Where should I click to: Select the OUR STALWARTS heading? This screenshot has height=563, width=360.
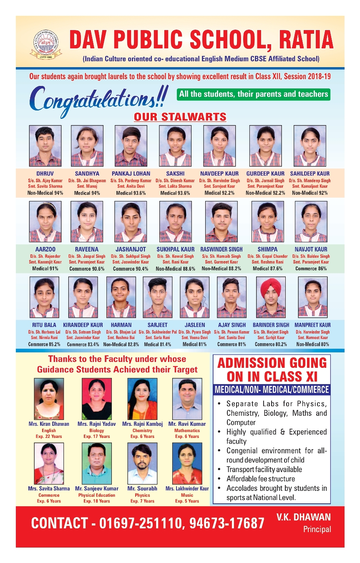[180, 116]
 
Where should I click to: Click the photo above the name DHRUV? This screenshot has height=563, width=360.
[45, 146]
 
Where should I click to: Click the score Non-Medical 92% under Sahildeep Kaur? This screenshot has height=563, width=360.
[310, 193]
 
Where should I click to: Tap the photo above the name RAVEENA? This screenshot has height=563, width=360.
[87, 221]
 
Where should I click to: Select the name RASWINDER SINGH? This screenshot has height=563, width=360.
[221, 249]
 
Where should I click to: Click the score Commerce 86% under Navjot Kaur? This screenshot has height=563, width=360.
[311, 269]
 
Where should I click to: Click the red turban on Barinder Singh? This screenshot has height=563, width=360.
[271, 288]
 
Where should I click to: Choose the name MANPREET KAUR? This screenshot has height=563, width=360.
[312, 325]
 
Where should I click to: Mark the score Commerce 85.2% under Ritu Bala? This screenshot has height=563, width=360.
[44, 344]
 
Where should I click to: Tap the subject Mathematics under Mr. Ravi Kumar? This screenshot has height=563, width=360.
[187, 430]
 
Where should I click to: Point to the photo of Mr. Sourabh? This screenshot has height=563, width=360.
[142, 463]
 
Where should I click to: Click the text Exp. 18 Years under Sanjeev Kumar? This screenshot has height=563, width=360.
[97, 501]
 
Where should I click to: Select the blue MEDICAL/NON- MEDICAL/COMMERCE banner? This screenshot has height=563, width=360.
[272, 390]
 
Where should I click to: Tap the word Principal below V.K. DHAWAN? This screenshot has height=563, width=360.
[317, 529]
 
